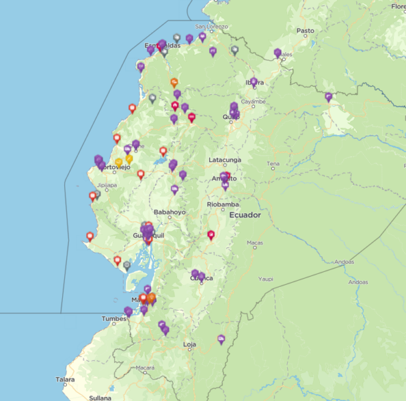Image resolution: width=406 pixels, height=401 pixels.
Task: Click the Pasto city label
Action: [305, 31]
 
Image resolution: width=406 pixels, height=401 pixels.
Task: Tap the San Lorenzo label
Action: [212, 27]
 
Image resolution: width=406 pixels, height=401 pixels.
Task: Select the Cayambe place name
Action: [253, 102]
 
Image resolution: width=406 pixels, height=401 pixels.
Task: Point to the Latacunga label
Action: [224, 160]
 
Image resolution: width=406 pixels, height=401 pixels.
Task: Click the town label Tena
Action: [273, 164]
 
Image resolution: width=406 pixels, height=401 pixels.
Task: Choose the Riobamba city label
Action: [224, 205]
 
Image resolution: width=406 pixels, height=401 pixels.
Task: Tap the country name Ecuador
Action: [245, 215]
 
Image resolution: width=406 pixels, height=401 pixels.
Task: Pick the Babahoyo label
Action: [170, 213]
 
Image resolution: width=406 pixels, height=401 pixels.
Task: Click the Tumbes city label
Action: [114, 319]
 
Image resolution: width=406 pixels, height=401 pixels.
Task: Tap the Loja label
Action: [190, 345]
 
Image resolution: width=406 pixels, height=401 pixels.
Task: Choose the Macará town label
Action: [146, 368]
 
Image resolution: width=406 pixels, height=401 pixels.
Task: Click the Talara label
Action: [65, 379]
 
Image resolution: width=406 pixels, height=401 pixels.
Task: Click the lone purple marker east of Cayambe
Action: [329, 97]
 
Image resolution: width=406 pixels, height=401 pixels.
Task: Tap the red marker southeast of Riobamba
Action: [211, 235]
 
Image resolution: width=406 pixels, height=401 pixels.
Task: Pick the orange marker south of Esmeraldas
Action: [174, 82]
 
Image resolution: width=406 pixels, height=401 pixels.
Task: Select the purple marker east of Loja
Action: [221, 340]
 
